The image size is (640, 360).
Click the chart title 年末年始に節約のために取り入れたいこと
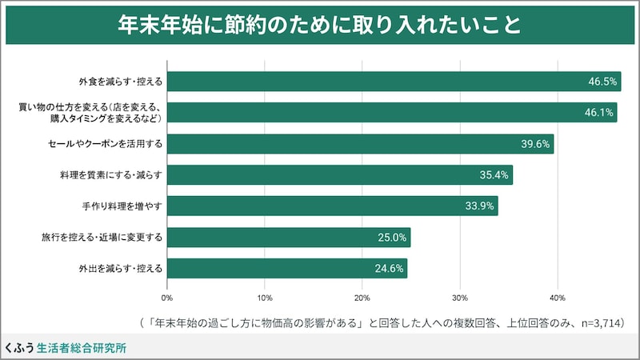(320, 25)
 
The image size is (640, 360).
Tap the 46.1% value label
(598, 113)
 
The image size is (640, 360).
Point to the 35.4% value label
(493, 175)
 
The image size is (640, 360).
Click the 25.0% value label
(391, 238)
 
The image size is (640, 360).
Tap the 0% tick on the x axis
(167, 298)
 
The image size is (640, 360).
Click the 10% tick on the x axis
(265, 298)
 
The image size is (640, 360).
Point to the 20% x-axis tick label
(362, 298)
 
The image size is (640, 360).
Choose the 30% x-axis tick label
(460, 298)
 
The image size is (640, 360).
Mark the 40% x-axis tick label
(558, 298)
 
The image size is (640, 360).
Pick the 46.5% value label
(602, 82)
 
